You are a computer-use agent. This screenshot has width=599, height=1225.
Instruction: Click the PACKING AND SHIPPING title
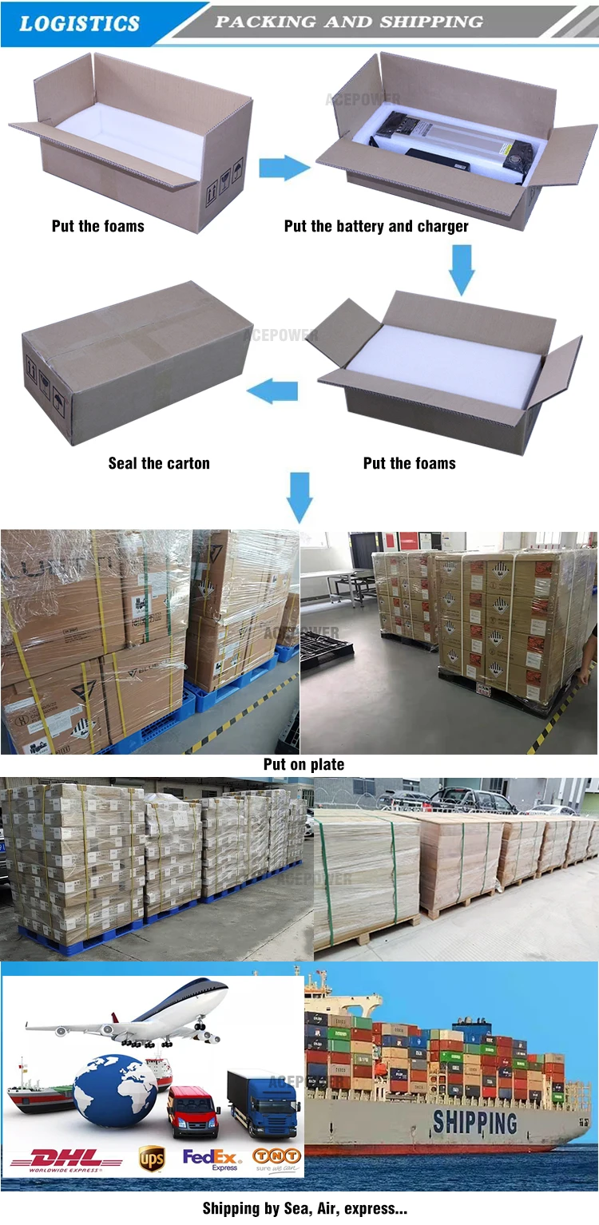click(x=349, y=22)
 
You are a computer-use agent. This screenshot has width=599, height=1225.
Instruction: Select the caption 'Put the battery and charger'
click(x=376, y=226)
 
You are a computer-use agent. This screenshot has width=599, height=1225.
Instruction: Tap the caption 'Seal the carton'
click(x=159, y=463)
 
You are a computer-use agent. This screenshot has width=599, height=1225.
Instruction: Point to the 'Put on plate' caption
click(x=304, y=764)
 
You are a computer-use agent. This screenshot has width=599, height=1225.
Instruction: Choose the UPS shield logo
click(x=152, y=1158)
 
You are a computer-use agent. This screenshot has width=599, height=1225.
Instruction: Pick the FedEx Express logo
click(x=212, y=1159)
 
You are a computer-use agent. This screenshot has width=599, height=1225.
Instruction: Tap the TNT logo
click(x=277, y=1157)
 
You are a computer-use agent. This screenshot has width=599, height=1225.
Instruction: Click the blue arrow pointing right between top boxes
click(x=284, y=168)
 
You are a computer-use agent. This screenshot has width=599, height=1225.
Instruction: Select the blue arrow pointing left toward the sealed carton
click(x=273, y=391)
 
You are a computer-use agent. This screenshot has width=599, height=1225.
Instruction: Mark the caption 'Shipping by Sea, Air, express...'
click(x=304, y=1208)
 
